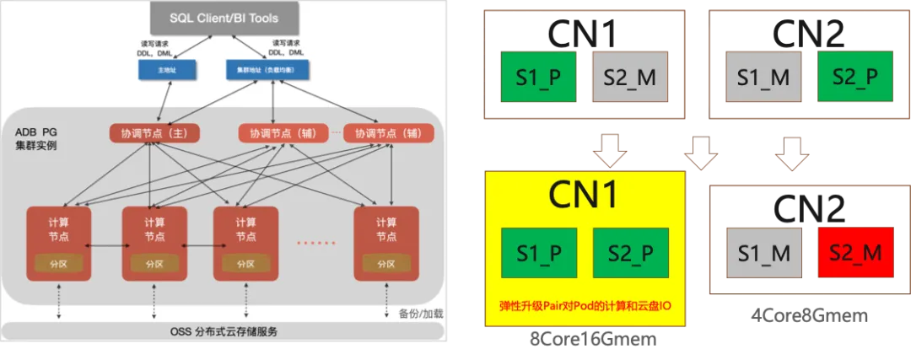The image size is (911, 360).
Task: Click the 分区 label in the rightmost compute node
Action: [385, 263]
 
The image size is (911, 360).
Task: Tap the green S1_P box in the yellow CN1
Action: [538, 251]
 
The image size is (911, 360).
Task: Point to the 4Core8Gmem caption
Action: [809, 314]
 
